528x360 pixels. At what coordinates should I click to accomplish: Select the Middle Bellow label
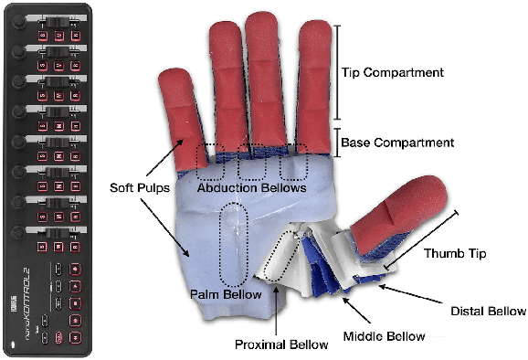pos(384,335)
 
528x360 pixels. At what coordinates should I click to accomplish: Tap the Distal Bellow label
pos(489,311)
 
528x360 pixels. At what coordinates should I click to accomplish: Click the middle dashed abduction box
pos(253,161)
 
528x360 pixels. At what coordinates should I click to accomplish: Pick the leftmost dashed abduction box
pos(210,161)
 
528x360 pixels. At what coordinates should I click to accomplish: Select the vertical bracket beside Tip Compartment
pos(338,72)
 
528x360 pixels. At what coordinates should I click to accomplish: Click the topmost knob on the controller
pos(19,17)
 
